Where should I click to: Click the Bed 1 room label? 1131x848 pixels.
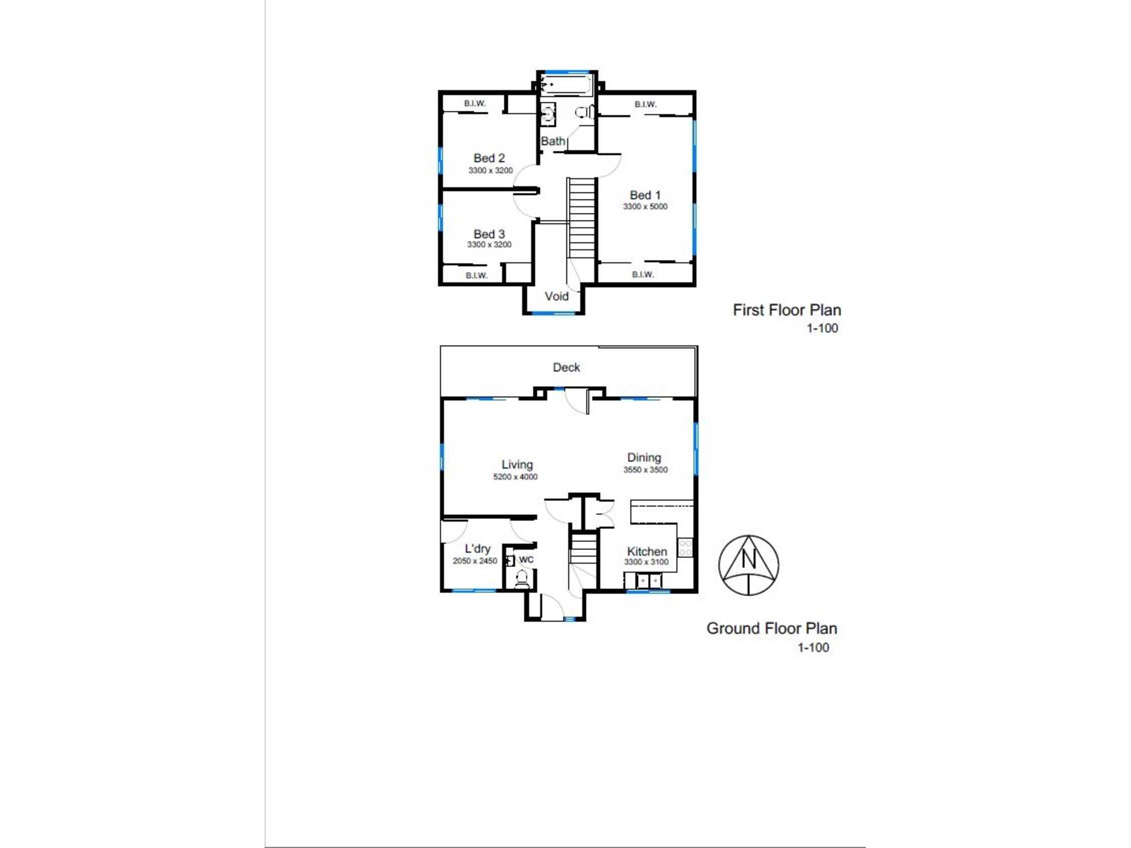coord(645,195)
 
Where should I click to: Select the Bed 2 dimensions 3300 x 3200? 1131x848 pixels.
coord(490,171)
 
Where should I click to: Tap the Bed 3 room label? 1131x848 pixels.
coord(489,234)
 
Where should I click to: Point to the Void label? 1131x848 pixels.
coord(556,296)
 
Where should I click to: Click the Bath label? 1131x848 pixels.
coord(552,141)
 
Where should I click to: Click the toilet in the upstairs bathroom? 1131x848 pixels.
coord(584,113)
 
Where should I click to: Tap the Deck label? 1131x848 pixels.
coord(566,367)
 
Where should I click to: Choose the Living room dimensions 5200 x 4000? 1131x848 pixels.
coord(515,477)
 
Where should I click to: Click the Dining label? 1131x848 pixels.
coord(644,457)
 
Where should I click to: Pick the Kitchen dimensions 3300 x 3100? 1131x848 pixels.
coord(646,562)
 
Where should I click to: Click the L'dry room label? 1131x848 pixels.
coord(477,549)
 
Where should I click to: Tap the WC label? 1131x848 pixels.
coord(526,560)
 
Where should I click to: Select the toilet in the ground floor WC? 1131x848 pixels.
coord(522,578)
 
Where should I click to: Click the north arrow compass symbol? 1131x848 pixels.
coord(748,565)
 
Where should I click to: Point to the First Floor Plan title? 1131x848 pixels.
coord(787,310)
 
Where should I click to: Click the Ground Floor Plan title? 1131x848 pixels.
coord(771,629)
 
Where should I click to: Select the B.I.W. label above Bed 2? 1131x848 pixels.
coord(474,103)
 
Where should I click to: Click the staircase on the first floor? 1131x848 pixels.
coord(581,218)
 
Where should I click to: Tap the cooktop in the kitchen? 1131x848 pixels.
coord(685,547)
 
